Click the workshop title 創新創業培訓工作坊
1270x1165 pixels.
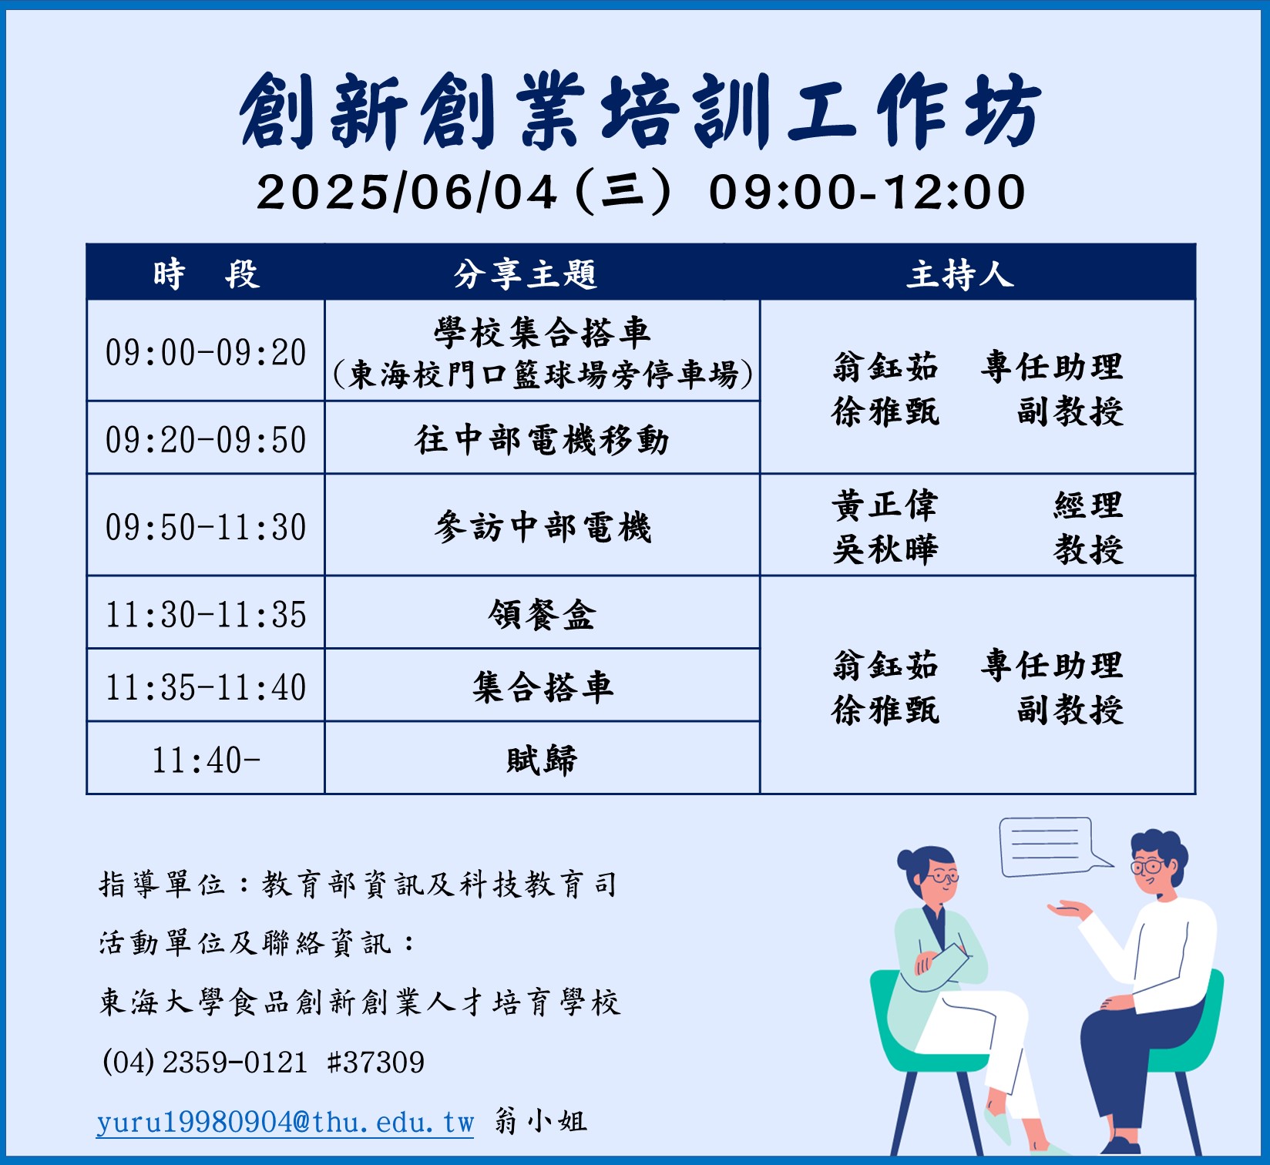pos(640,112)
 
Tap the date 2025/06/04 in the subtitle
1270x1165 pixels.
pos(407,192)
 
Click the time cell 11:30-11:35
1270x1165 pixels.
pos(206,614)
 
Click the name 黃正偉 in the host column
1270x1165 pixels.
pos(885,505)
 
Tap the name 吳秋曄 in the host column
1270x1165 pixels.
pos(885,549)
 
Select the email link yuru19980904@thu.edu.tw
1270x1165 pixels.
pos(285,1122)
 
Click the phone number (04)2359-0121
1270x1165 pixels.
pos(205,1063)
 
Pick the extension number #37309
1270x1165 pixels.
pos(376,1063)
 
